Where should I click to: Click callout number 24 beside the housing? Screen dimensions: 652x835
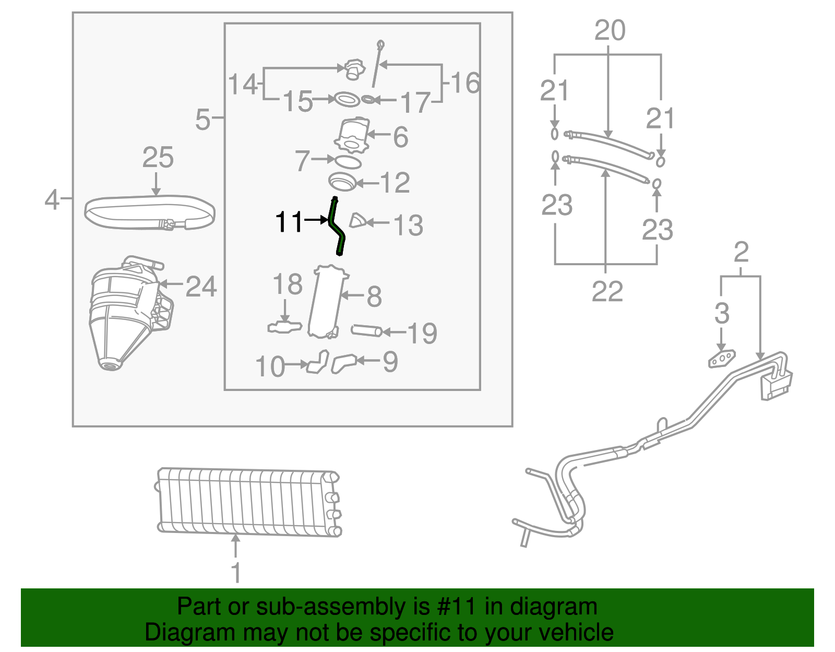tap(201, 287)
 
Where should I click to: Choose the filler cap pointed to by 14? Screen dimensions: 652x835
tap(354, 70)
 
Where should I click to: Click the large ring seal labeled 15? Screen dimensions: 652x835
tap(347, 99)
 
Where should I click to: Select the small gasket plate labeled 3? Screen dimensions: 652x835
tap(721, 359)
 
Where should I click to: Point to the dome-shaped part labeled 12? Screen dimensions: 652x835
tap(342, 182)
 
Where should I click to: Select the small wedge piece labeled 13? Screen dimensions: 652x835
tap(357, 221)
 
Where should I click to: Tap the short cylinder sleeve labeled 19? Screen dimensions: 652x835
tap(366, 330)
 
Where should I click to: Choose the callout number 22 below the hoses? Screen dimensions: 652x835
tap(607, 291)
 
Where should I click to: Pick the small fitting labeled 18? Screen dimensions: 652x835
tap(284, 327)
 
